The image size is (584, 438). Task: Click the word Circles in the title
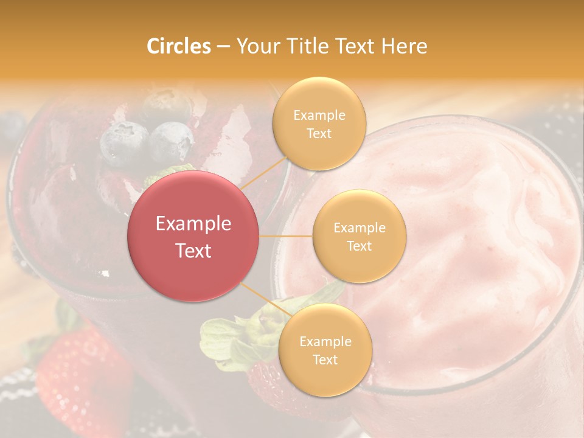[178, 46]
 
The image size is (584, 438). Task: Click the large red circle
[193, 236]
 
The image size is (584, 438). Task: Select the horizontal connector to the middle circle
[286, 236]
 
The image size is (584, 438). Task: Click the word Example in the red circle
[193, 224]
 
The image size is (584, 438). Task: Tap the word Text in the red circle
[193, 251]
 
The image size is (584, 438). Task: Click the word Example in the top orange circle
[319, 116]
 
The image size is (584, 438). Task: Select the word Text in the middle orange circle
[360, 246]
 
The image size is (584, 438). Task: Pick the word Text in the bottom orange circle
[325, 360]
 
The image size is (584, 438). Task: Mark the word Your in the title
[255, 46]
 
